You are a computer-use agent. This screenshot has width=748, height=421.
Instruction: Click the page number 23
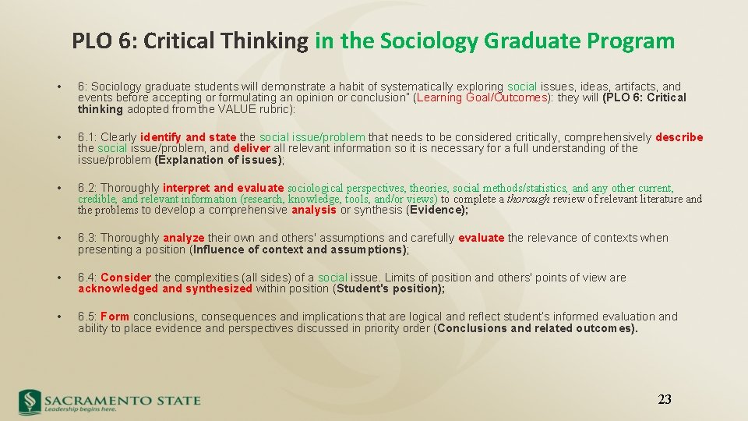click(x=664, y=400)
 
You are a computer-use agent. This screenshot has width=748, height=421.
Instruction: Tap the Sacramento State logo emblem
click(x=30, y=401)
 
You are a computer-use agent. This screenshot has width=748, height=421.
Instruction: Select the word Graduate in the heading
click(x=531, y=41)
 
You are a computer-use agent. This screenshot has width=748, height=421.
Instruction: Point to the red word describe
click(x=679, y=137)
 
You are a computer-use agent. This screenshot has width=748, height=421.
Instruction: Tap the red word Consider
click(x=125, y=278)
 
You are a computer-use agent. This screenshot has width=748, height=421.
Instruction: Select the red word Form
click(x=115, y=317)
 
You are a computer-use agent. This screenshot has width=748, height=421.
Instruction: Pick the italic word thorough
click(x=528, y=199)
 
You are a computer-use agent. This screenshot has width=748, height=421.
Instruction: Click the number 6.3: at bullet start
click(x=87, y=238)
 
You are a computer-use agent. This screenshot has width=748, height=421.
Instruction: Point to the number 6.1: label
click(x=87, y=137)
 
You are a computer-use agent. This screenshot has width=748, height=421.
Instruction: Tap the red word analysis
click(x=314, y=210)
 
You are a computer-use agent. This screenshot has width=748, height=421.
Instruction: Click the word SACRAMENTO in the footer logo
click(x=97, y=400)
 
